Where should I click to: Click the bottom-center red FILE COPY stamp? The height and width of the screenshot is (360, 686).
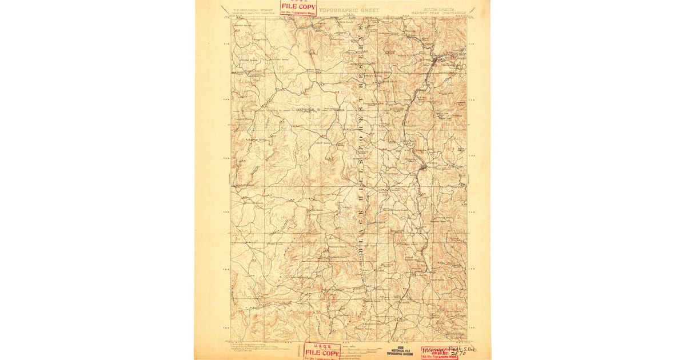pyautogui.click(x=322, y=351)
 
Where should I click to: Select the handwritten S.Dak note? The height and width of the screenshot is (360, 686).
pyautogui.click(x=469, y=347)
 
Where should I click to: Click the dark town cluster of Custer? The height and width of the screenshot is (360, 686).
pyautogui.click(x=423, y=167)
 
